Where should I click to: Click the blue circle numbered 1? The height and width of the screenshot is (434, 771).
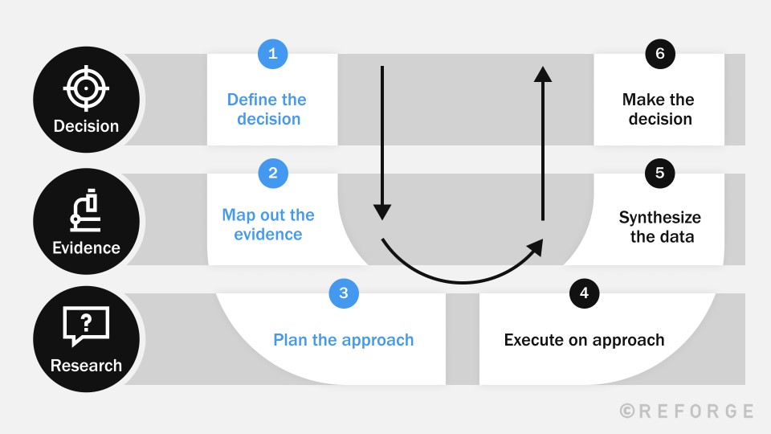click(x=272, y=54)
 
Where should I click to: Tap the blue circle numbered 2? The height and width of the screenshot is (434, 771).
click(x=272, y=172)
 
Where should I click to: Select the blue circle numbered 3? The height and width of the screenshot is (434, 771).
click(x=344, y=293)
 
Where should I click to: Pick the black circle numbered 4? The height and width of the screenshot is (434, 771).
click(x=584, y=293)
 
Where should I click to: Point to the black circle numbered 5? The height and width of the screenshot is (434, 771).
click(x=660, y=172)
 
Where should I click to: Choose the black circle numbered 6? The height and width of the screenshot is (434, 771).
click(x=660, y=54)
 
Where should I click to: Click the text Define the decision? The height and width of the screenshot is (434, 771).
click(x=267, y=109)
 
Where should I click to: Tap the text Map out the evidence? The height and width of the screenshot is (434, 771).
click(x=268, y=225)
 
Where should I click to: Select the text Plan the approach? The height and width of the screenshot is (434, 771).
click(x=344, y=340)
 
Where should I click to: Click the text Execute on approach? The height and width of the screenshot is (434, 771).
click(x=584, y=340)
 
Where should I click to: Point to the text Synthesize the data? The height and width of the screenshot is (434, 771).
click(x=660, y=227)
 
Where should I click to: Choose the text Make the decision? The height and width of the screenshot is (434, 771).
click(x=659, y=109)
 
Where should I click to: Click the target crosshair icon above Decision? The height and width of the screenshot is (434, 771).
click(x=86, y=87)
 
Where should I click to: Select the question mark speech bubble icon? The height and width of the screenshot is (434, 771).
click(x=86, y=325)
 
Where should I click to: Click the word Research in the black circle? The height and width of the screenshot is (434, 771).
click(x=86, y=366)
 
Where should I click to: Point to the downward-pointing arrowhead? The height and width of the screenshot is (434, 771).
click(x=382, y=212)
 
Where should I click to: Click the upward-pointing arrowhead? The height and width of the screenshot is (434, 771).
click(x=543, y=75)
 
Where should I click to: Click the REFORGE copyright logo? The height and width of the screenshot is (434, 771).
click(x=687, y=411)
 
